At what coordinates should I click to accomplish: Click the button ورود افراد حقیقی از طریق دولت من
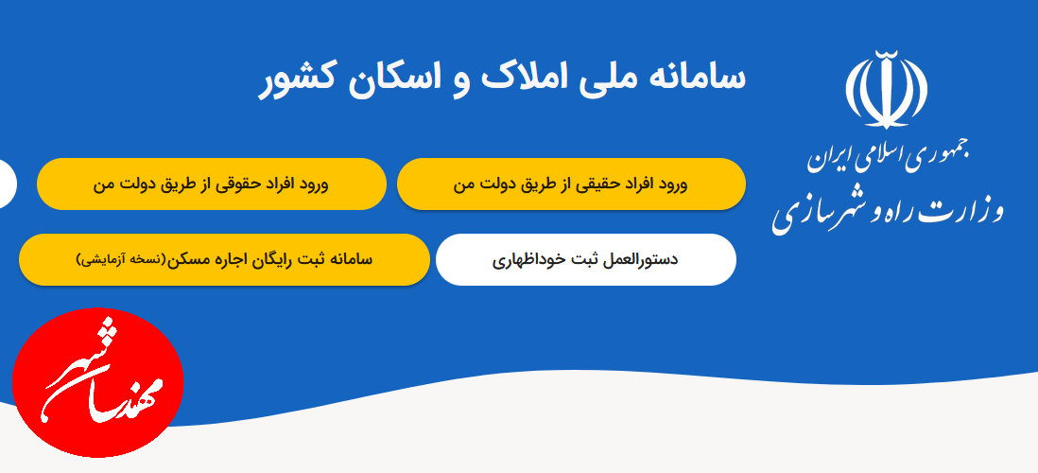pyautogui.click(x=571, y=184)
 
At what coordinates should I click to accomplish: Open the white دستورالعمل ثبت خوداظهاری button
pyautogui.click(x=586, y=260)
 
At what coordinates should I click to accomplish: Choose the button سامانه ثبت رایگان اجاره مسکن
pyautogui.click(x=224, y=260)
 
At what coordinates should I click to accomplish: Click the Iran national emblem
pyautogui.click(x=886, y=89)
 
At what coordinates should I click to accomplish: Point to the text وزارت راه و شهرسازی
pyautogui.click(x=887, y=211)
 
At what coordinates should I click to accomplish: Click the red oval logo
pyautogui.click(x=98, y=382)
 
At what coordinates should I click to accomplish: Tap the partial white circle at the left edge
pyautogui.click(x=8, y=184)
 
